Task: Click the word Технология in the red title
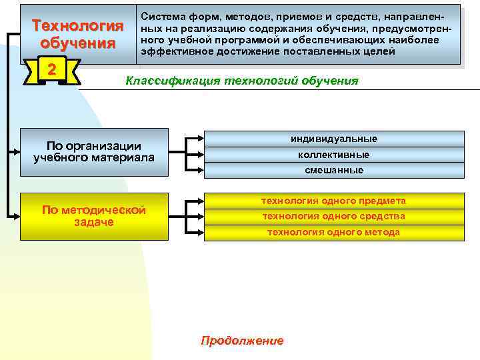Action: click(x=78, y=27)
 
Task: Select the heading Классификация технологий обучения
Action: click(x=242, y=81)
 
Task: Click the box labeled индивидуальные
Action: click(x=333, y=139)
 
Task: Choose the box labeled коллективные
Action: click(x=333, y=155)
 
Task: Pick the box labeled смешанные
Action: click(x=333, y=170)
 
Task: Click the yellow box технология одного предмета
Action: click(x=333, y=201)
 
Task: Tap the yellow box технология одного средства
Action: click(x=333, y=217)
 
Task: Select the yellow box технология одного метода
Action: click(x=333, y=233)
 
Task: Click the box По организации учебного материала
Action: click(x=93, y=152)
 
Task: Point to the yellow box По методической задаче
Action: click(x=93, y=216)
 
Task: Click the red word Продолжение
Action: click(x=242, y=341)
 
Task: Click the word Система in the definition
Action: click(x=162, y=14)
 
